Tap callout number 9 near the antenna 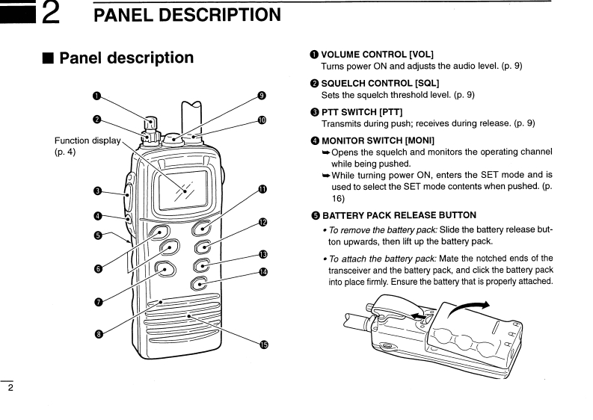pos(262,95)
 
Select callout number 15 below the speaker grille pos(263,345)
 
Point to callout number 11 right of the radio pos(262,190)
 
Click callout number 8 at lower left pos(97,333)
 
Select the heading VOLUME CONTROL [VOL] pos(377,54)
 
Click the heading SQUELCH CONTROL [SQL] pos(380,82)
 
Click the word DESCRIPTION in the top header pos(214,14)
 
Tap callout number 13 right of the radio pos(262,255)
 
